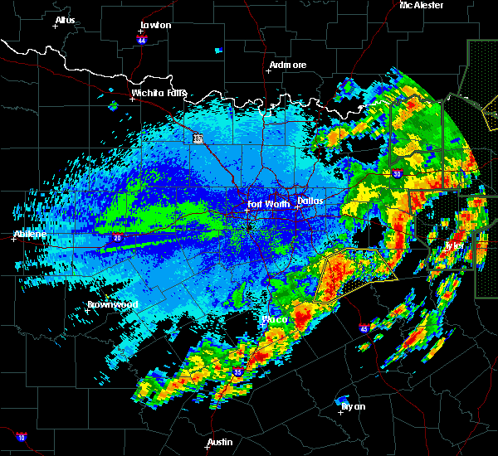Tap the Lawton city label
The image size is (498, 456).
(x=155, y=25)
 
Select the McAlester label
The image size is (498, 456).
(x=422, y=5)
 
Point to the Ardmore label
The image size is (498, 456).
(x=288, y=65)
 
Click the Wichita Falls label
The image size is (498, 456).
(x=159, y=93)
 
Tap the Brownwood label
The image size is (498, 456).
(x=112, y=304)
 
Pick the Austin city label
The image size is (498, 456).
(x=220, y=442)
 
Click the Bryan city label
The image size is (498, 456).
(x=353, y=406)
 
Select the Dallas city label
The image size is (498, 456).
(x=310, y=200)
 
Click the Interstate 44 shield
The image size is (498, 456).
(x=142, y=39)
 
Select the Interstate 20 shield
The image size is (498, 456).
(x=117, y=238)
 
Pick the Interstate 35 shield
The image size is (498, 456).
(x=236, y=373)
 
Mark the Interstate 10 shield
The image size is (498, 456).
(x=21, y=437)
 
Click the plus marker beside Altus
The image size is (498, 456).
(x=56, y=27)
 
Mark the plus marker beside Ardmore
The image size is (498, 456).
(x=266, y=70)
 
